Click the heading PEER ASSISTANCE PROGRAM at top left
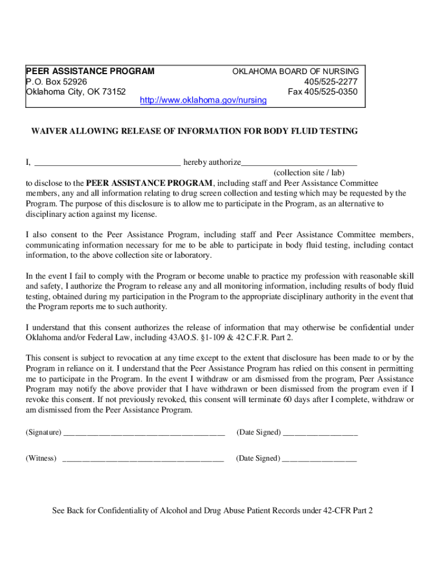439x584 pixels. pyautogui.click(x=90, y=71)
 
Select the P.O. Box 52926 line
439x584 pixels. pyautogui.click(x=56, y=82)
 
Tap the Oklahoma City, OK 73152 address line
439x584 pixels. pyautogui.click(x=76, y=91)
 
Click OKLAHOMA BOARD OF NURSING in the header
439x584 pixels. pyautogui.click(x=295, y=71)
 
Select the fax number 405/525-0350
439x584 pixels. pyautogui.click(x=323, y=91)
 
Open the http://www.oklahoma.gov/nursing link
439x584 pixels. pyautogui.click(x=203, y=100)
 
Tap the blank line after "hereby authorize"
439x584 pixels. pyautogui.click(x=299, y=163)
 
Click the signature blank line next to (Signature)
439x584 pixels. pyautogui.click(x=144, y=433)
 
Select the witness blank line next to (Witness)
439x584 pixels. pyautogui.click(x=143, y=459)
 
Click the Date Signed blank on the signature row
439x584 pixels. pyautogui.click(x=320, y=433)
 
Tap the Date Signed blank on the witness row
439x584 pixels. pyautogui.click(x=319, y=459)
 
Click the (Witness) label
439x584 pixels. pyautogui.click(x=41, y=458)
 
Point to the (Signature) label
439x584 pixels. pyautogui.click(x=43, y=432)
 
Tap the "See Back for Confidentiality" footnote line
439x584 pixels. pyautogui.click(x=212, y=510)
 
